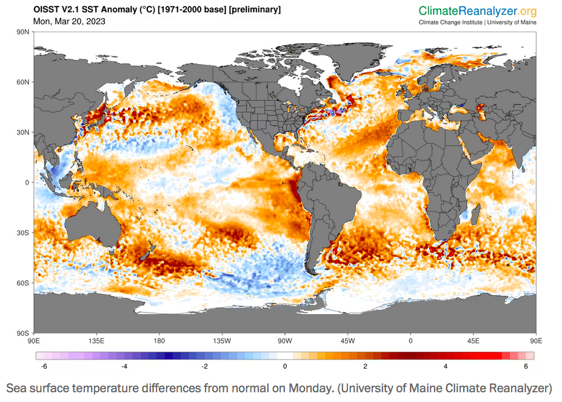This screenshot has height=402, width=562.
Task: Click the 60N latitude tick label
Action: [24, 82]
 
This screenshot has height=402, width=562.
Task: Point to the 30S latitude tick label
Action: [24, 233]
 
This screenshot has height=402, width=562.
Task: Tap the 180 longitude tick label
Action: [159, 340]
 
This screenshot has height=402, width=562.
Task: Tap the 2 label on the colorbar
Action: [365, 366]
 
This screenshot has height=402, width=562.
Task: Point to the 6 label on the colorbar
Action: [526, 366]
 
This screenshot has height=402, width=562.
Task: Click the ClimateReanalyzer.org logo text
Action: [478, 11]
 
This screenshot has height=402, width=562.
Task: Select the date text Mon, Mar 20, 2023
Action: [69, 21]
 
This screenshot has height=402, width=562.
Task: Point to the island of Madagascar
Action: [476, 215]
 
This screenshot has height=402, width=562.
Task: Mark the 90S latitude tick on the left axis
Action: [24, 333]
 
